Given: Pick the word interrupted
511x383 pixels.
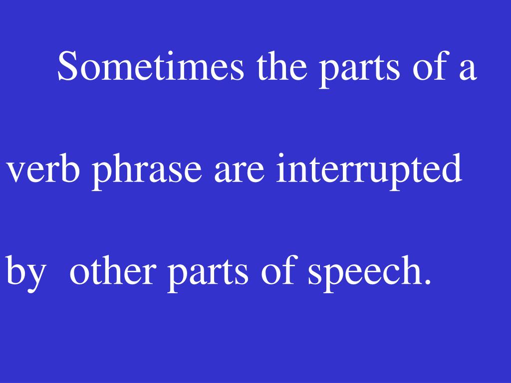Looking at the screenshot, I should click(370, 170).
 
